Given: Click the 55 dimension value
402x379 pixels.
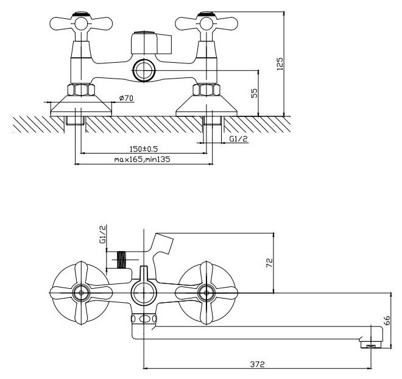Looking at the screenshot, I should [255, 93].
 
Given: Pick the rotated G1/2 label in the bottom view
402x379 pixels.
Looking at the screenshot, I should [103, 235].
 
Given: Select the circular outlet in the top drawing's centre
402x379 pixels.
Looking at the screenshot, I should [144, 70].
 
